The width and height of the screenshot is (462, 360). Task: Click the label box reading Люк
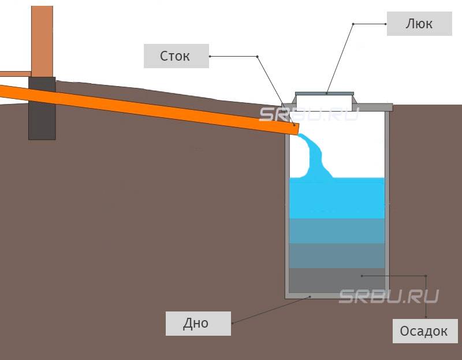418,24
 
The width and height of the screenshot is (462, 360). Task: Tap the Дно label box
198,323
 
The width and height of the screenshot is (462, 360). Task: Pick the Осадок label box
424,331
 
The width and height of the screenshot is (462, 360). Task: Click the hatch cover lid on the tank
324,92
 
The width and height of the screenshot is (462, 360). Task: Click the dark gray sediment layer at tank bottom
336,280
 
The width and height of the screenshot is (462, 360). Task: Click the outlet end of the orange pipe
294,128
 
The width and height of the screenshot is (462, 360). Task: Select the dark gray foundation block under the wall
42,110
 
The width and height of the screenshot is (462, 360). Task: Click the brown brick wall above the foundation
42,38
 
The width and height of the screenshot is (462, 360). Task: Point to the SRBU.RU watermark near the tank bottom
388,296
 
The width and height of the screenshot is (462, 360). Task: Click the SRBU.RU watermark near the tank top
309,114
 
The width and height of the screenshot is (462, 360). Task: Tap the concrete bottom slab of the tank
336,295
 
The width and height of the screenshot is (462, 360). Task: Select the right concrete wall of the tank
387,202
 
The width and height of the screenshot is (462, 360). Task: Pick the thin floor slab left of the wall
14,74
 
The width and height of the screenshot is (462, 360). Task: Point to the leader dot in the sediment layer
362,276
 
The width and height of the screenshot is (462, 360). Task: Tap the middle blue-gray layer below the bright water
336,231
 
